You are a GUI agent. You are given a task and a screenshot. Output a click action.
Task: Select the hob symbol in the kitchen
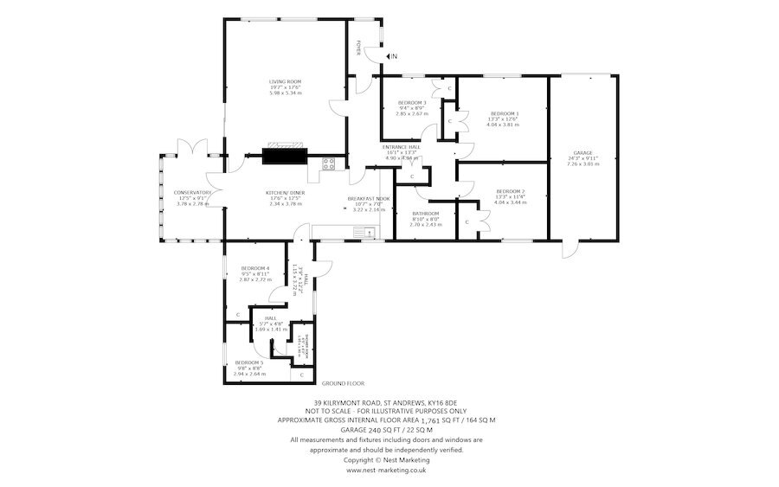(329, 163)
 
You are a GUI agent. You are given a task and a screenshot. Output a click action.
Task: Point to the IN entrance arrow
(391, 56)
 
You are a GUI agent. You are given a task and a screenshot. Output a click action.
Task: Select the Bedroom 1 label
(505, 113)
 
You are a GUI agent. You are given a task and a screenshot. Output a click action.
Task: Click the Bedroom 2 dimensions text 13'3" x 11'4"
(511, 196)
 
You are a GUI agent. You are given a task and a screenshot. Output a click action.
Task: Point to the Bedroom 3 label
(412, 103)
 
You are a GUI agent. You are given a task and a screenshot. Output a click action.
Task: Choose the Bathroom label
(426, 213)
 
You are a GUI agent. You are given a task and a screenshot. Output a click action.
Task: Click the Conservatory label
(192, 192)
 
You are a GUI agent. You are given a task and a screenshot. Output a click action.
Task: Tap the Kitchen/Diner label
(285, 192)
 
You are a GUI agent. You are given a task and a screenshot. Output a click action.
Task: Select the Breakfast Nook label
(369, 198)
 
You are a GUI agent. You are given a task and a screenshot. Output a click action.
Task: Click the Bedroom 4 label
(255, 268)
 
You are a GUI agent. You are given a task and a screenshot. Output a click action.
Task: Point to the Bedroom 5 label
(250, 362)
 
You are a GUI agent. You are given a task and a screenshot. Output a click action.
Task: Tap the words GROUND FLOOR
(343, 382)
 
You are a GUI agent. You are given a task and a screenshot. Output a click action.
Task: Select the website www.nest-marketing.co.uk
(386, 471)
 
